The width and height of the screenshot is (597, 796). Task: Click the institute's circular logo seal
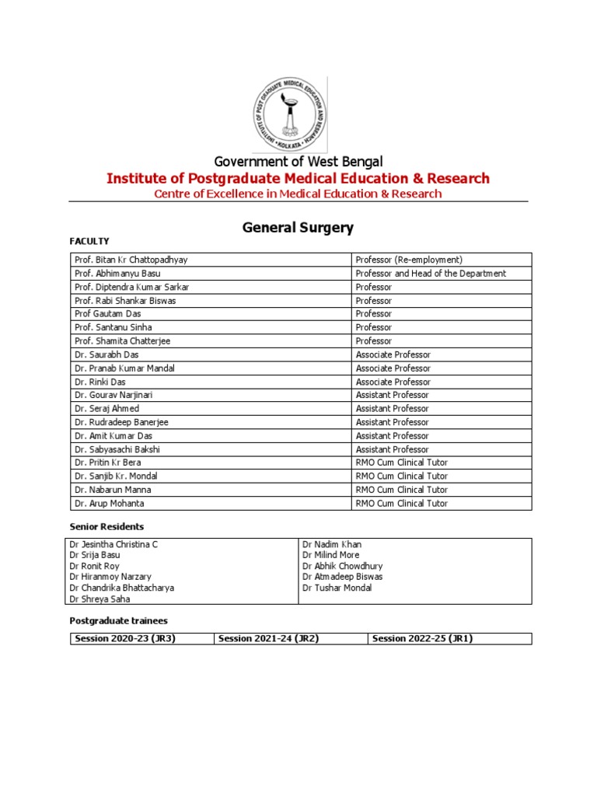[x=288, y=114]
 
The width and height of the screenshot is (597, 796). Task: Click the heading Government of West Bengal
[x=298, y=162]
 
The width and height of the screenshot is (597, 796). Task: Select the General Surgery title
[x=298, y=228]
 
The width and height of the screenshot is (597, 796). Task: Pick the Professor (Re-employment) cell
[x=408, y=260]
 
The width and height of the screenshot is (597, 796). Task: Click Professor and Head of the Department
[x=431, y=274]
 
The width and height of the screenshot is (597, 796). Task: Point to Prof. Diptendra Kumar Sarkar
[x=131, y=287]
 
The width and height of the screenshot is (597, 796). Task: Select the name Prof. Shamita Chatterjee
[x=124, y=341]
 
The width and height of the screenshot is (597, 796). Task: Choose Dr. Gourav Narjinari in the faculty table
[x=113, y=395]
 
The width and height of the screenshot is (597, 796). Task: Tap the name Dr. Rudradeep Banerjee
[x=121, y=422]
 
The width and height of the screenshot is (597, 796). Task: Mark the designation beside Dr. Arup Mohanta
[x=401, y=503]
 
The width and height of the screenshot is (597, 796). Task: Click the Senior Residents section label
[x=106, y=527]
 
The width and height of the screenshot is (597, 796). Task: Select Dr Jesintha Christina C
[x=113, y=544]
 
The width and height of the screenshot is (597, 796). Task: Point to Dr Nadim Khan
[x=332, y=544]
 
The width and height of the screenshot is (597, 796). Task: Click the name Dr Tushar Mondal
[x=337, y=588]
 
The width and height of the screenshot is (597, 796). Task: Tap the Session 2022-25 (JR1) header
[x=423, y=638]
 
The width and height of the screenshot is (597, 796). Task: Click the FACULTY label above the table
[x=89, y=241]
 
